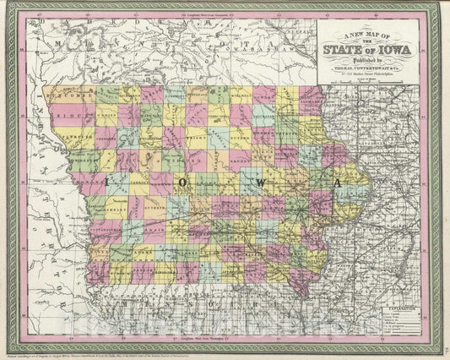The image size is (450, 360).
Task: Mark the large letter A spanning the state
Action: pyautogui.click(x=337, y=182)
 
